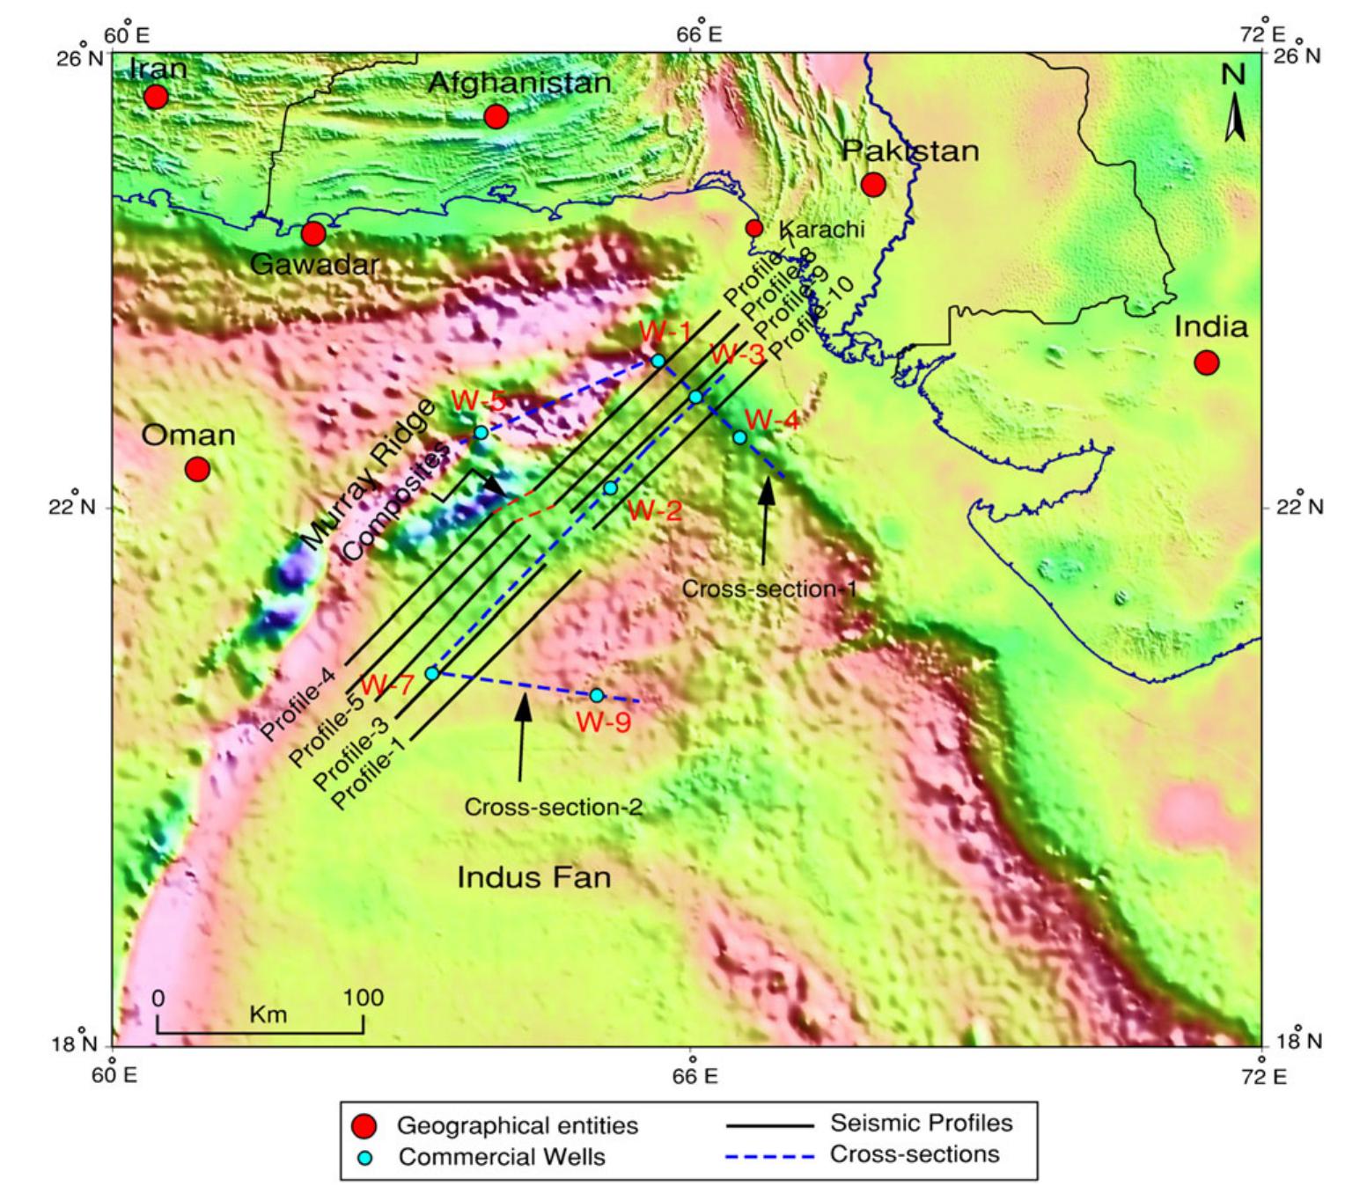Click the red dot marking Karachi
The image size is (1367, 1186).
pos(754,229)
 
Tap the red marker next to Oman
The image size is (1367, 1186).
pos(197,469)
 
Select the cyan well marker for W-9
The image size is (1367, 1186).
pos(597,695)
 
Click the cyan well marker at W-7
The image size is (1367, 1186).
pos(432,673)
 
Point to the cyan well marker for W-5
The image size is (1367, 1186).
pos(481,432)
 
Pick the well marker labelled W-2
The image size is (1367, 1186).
pos(610,487)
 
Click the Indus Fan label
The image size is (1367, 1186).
pos(533,877)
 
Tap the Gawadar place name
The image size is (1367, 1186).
pos(315,264)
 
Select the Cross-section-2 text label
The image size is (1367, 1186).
pos(553,806)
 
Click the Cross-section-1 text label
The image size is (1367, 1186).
pos(769,589)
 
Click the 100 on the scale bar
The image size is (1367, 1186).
pos(364,998)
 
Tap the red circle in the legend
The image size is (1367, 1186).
pos(364,1126)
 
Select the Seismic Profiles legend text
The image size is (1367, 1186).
pos(921,1124)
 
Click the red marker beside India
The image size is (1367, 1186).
pos(1206,362)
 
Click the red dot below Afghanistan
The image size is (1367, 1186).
pos(496,116)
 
